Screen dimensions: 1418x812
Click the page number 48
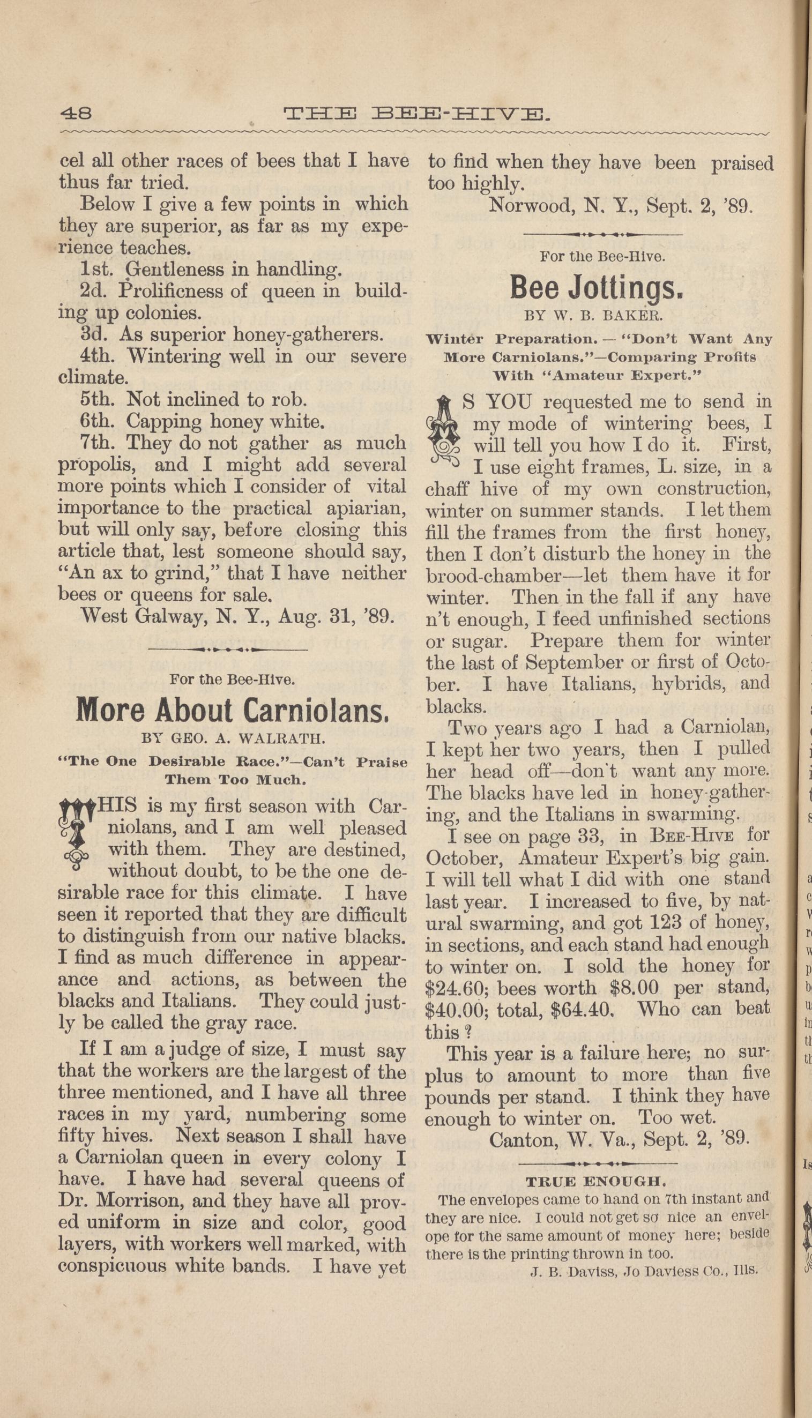pos(76,113)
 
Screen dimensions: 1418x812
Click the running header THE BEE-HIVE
pos(416,114)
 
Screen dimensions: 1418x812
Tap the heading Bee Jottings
pos(596,287)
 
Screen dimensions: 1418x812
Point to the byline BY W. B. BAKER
pos(593,316)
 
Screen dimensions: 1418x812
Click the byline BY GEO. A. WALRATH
pos(233,739)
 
